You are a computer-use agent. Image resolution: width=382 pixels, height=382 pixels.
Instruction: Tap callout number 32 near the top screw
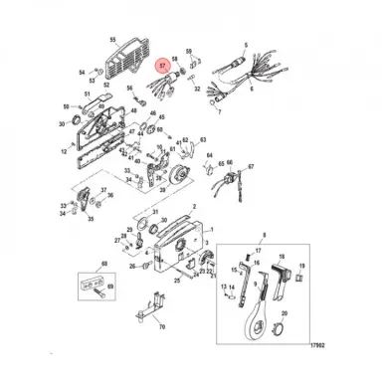(x=197, y=90)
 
